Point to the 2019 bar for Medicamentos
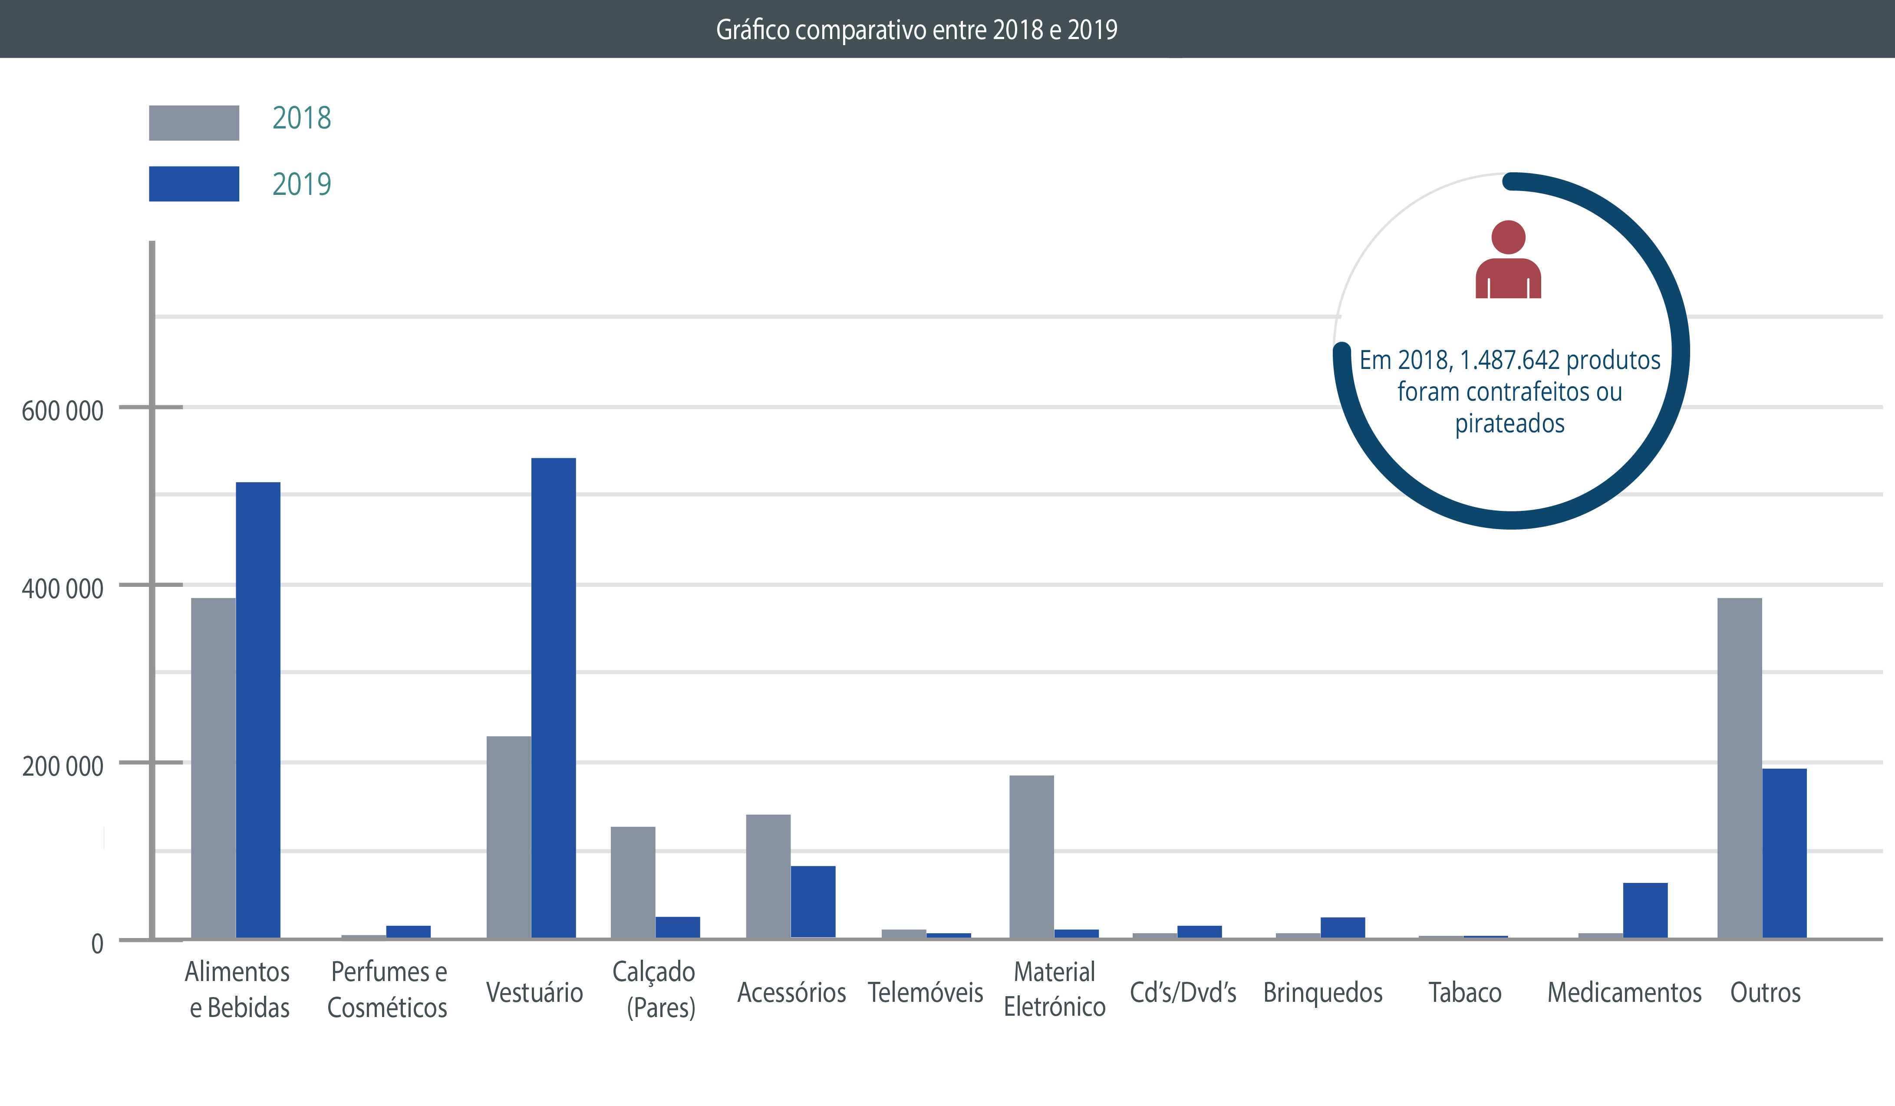[x=1645, y=910]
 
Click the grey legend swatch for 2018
[x=194, y=122]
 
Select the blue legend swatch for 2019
[x=194, y=184]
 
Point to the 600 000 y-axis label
[x=63, y=411]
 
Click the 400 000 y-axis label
[x=63, y=589]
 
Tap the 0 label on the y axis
[x=97, y=944]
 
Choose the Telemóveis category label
[x=925, y=992]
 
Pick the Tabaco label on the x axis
[x=1465, y=992]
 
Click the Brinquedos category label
[x=1323, y=992]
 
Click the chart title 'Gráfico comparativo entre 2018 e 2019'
[x=916, y=30]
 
